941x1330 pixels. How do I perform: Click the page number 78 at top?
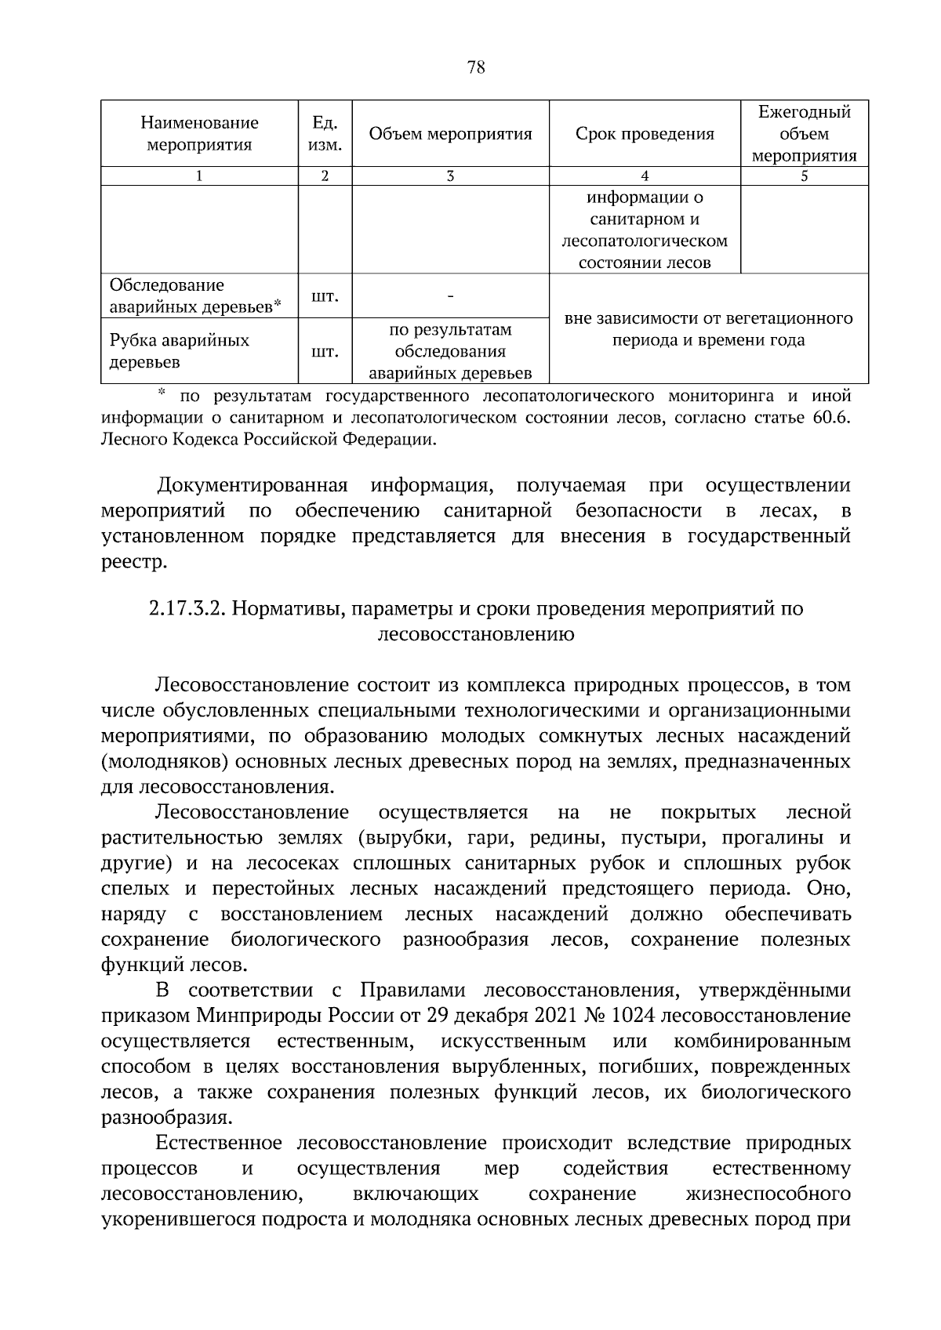(x=475, y=67)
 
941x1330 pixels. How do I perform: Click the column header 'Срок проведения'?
(x=645, y=134)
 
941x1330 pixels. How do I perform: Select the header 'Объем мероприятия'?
(x=450, y=134)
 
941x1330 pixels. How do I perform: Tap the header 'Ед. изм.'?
(x=325, y=134)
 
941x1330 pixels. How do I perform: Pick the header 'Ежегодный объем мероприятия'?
(x=804, y=134)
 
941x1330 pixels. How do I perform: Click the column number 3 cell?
(x=450, y=176)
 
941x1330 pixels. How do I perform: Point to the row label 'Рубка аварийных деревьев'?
(x=179, y=350)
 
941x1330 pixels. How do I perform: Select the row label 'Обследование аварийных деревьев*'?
(x=194, y=295)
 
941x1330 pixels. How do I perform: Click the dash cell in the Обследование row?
(x=450, y=296)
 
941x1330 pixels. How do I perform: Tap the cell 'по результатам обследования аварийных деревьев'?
(x=450, y=351)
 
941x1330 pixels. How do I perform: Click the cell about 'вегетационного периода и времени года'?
(x=708, y=329)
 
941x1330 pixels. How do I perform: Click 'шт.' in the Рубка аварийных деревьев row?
(x=325, y=351)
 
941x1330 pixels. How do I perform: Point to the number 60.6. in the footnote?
(x=831, y=417)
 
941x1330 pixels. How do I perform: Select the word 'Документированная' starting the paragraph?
(x=252, y=486)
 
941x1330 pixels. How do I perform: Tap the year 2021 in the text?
(x=555, y=1016)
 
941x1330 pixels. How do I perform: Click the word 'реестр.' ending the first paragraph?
(x=134, y=562)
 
